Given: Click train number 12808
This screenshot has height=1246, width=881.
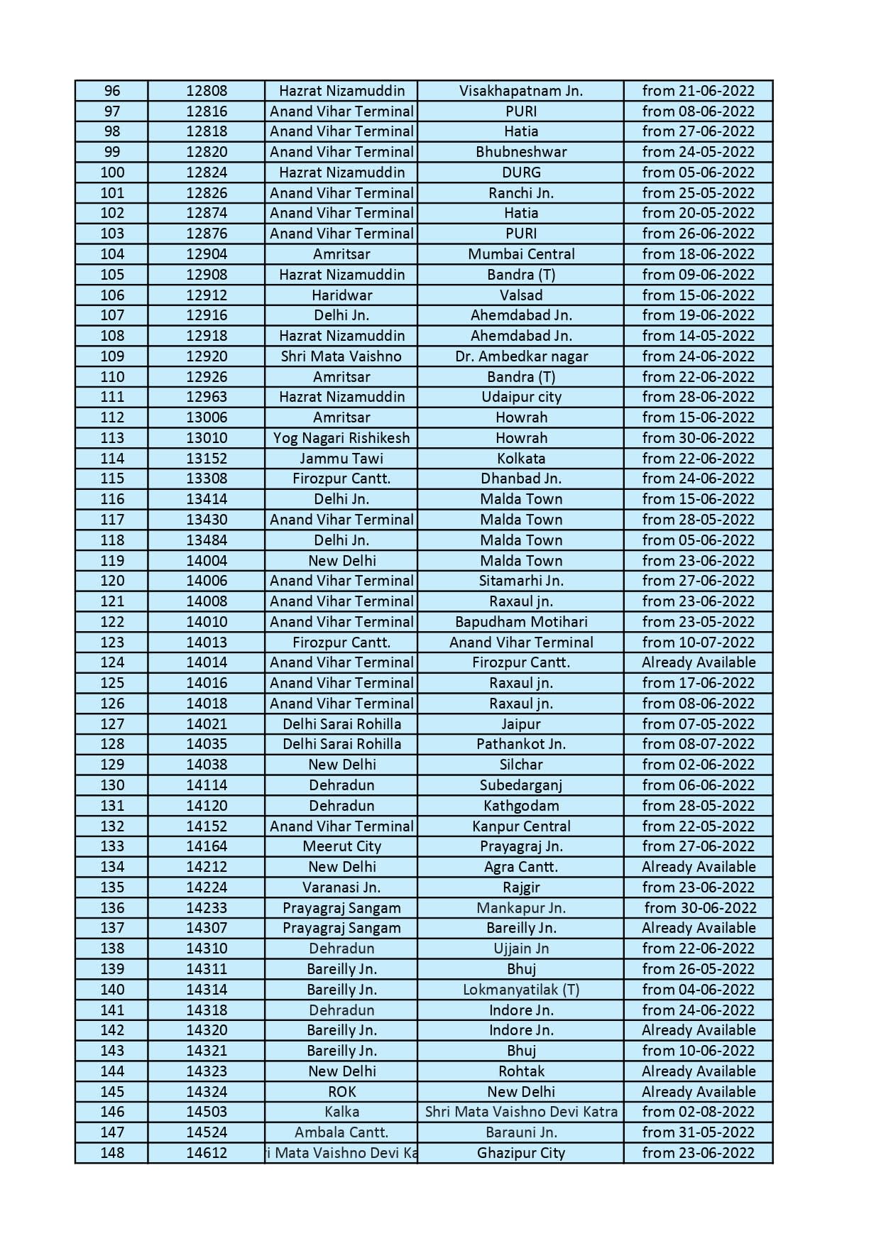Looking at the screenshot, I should pos(207,91).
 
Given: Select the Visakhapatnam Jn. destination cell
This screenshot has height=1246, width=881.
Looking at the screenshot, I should pos(520,91).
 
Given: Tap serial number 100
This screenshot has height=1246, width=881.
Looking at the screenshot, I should pos(112,173).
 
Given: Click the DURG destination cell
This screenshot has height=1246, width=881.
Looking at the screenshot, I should pos(520,173).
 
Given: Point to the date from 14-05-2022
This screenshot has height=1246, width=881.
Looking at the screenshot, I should pos(698,336).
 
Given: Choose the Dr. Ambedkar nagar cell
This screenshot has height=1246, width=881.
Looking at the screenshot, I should pos(520,356).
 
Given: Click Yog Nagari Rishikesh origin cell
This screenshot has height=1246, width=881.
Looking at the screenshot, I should pos(341,438).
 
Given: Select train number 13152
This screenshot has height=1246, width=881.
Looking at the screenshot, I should pos(207,459).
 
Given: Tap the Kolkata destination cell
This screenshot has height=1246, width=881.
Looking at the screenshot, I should pos(520,459).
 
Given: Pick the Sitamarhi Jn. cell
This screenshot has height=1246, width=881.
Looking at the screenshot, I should pos(520,581).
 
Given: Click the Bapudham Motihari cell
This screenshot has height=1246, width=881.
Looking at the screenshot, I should pos(520,622).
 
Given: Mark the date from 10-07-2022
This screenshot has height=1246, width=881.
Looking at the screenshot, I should pos(698,643).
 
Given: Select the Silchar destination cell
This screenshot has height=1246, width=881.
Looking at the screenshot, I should pos(520,765).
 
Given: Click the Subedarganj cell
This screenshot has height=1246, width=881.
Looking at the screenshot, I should pos(520,785).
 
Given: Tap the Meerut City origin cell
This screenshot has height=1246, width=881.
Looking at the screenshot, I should pos(341,846).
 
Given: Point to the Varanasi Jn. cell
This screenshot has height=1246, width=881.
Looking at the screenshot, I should pos(341,887).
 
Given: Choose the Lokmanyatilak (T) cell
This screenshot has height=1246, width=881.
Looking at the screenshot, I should pos(520,990).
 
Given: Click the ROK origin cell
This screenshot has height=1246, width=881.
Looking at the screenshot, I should pos(341,1092).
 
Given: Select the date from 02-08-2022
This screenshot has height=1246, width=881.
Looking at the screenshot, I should pos(698,1112).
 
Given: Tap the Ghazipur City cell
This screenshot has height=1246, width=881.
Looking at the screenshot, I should pos(520,1153).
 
